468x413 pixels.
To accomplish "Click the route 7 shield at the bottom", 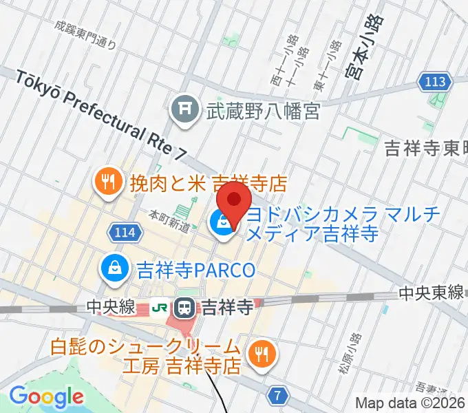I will coord(277,395).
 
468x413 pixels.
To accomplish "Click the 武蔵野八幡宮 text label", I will coord(264,111).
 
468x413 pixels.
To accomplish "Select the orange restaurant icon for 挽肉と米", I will coord(107,182).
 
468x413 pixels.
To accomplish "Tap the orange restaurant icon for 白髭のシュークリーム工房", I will coord(259,354).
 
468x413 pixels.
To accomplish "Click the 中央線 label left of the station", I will coord(111,307).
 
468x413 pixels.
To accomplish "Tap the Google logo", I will coord(46,397).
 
